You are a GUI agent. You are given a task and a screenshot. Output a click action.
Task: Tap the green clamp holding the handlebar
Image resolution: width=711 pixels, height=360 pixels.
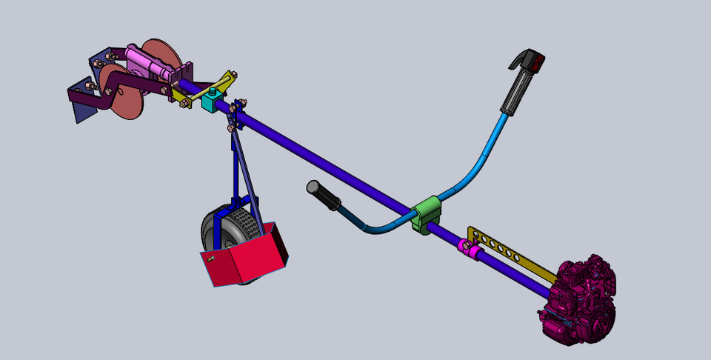click(x=427, y=215)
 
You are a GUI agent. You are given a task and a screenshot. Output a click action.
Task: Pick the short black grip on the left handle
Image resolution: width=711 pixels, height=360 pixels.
click(x=323, y=195)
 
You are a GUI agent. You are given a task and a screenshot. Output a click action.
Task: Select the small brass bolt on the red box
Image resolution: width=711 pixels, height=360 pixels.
click(x=211, y=259)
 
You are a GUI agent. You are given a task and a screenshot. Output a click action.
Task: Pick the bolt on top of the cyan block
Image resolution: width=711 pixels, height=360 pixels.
click(x=212, y=91)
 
